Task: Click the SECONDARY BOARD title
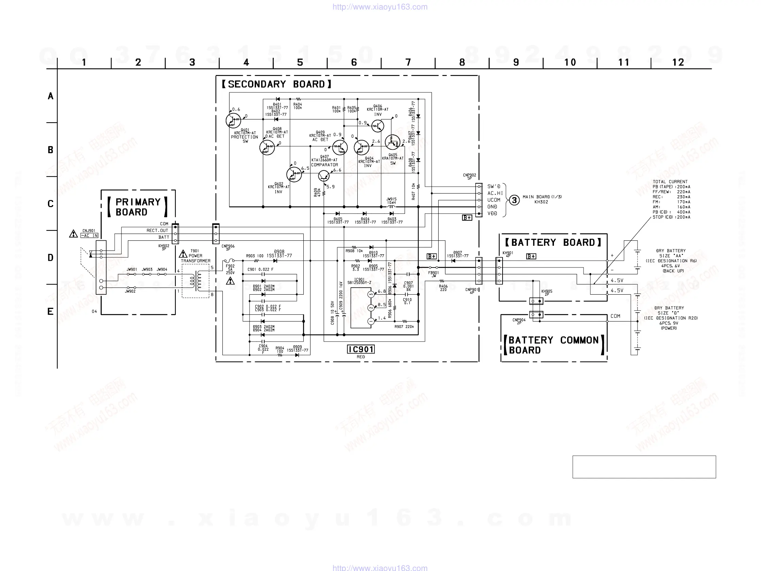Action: (x=276, y=85)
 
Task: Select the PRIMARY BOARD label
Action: (x=138, y=207)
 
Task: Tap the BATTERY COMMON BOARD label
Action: (x=554, y=345)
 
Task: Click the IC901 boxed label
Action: (x=360, y=349)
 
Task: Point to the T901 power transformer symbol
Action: (x=196, y=281)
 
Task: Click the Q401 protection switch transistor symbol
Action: (x=233, y=120)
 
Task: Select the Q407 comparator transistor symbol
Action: (x=324, y=176)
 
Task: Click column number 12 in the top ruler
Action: (x=678, y=62)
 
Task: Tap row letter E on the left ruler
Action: (x=50, y=312)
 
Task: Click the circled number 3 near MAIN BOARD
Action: (x=514, y=200)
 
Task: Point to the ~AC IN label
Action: (x=89, y=236)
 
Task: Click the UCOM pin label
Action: (x=494, y=200)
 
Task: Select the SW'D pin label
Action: (x=494, y=187)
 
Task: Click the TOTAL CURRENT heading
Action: (x=670, y=182)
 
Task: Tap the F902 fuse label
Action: (x=230, y=266)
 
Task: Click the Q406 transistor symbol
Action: (x=377, y=126)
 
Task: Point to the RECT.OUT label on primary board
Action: (x=157, y=231)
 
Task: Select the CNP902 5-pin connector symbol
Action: (x=478, y=200)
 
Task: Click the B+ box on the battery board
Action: (x=531, y=256)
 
